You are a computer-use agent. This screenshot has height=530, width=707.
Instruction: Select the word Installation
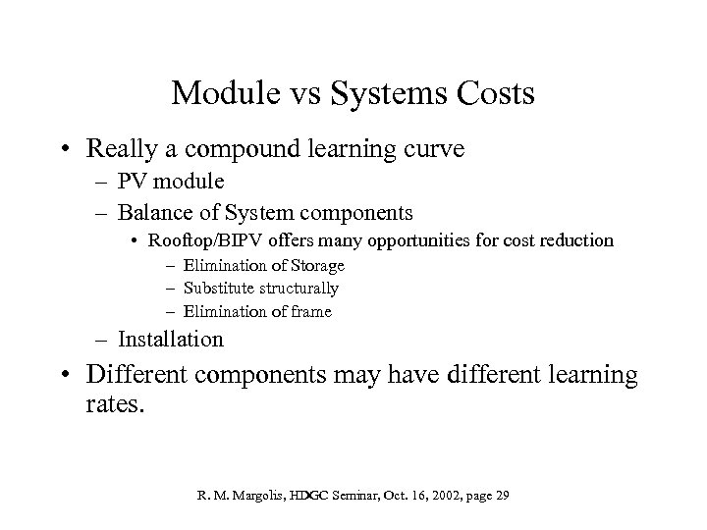pos(171,340)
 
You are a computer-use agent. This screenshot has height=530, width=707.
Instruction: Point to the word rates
pos(117,402)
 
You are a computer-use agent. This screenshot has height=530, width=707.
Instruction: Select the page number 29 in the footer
pos(501,496)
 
